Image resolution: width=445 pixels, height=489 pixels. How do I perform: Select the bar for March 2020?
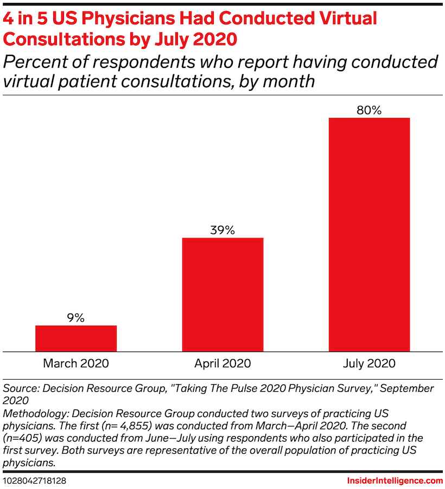76,338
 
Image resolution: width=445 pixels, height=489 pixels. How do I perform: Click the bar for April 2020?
223,294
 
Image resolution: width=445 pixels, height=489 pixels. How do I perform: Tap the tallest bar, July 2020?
369,234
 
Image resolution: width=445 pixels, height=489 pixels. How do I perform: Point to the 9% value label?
76,318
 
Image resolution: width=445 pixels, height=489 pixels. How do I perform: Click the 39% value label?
223,230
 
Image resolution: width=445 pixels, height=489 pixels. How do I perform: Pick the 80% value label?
369,110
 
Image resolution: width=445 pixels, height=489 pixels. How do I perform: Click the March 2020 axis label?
76,363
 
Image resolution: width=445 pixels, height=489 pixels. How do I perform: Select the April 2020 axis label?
223,363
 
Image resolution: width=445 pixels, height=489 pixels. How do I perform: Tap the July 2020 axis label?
369,363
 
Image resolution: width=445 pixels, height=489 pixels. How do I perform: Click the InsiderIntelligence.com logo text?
395,481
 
